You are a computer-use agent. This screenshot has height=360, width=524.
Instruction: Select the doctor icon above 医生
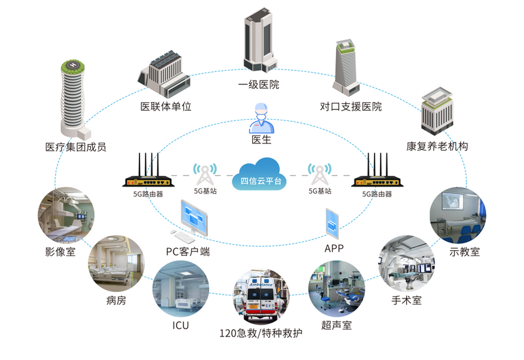point(261,117)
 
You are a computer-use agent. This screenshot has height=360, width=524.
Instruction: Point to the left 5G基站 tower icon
point(206,173)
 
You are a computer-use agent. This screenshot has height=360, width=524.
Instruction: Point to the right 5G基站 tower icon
point(320,173)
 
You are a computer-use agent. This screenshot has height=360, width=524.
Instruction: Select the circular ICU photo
point(181,289)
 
